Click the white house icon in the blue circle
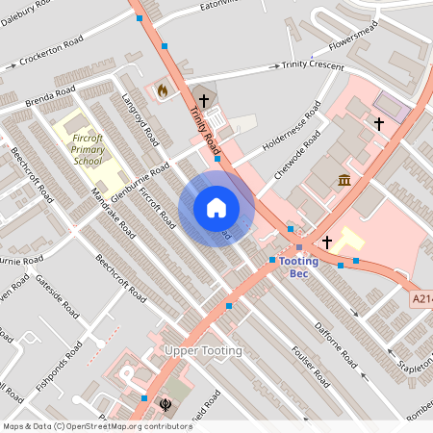pos(216,208)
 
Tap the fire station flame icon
pos(162,90)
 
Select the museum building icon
pos(344,180)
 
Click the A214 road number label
pos(420,299)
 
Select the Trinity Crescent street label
pos(313,64)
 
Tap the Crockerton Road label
pos(50,58)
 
